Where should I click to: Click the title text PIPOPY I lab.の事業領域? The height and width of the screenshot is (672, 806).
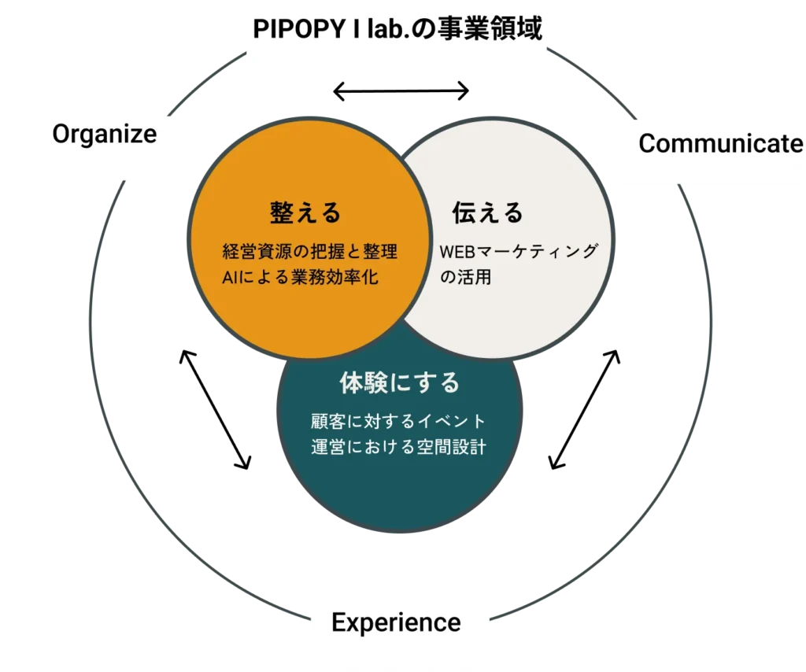(397, 30)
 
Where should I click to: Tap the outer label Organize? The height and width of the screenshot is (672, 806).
(105, 134)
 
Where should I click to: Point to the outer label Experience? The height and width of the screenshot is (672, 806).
(396, 623)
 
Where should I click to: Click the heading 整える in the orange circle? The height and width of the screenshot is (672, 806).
(305, 212)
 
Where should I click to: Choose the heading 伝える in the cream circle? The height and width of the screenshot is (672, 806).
(487, 212)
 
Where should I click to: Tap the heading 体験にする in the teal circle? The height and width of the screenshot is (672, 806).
(399, 383)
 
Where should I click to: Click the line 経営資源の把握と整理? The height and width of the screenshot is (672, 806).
(310, 253)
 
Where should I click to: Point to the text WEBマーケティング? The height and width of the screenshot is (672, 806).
(519, 252)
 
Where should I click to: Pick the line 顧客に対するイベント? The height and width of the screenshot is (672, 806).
(398, 422)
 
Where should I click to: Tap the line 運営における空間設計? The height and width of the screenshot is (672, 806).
(398, 447)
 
